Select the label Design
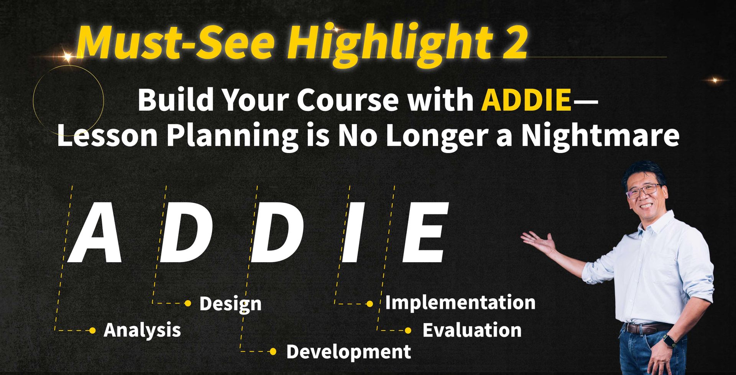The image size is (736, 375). coord(230,304)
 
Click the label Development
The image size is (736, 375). coord(349,352)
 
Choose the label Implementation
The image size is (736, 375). coord(460,303)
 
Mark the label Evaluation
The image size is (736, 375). coord(472,331)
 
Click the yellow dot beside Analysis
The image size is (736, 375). coord(92,331)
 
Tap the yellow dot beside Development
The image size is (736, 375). coord(273,352)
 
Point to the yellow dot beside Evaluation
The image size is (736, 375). coord(408,331)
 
